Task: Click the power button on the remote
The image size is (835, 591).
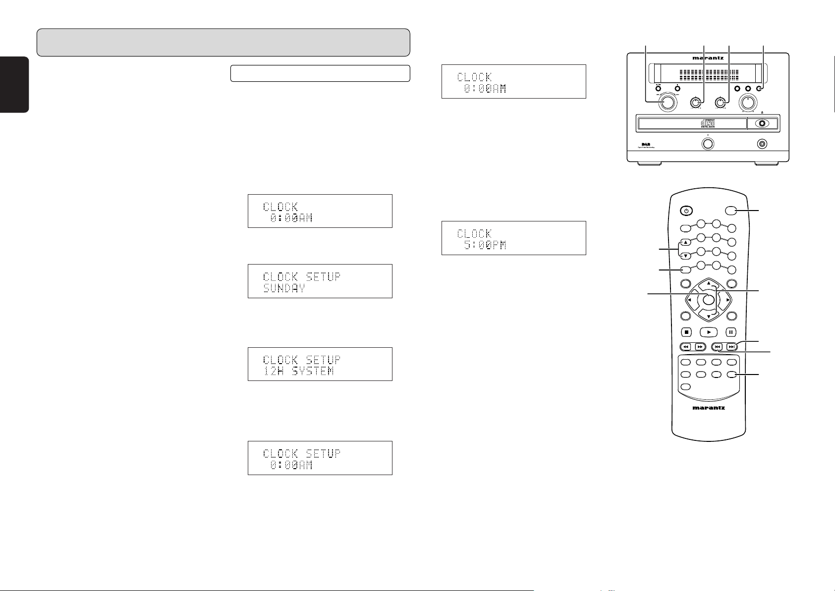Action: coord(686,211)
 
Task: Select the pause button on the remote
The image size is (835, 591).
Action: coord(731,332)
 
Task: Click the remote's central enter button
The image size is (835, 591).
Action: coord(709,299)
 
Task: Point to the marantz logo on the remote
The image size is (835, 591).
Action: coord(708,408)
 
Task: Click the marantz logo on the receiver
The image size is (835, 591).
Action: coord(708,58)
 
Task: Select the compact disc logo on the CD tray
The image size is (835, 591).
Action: coord(708,123)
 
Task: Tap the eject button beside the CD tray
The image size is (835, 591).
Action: coord(762,124)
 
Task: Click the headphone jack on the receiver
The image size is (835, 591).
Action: coord(762,144)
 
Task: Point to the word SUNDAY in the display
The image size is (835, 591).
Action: coord(284,288)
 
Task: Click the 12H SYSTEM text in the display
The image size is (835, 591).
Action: coord(298,371)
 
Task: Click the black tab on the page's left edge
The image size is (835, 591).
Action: coord(14,85)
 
